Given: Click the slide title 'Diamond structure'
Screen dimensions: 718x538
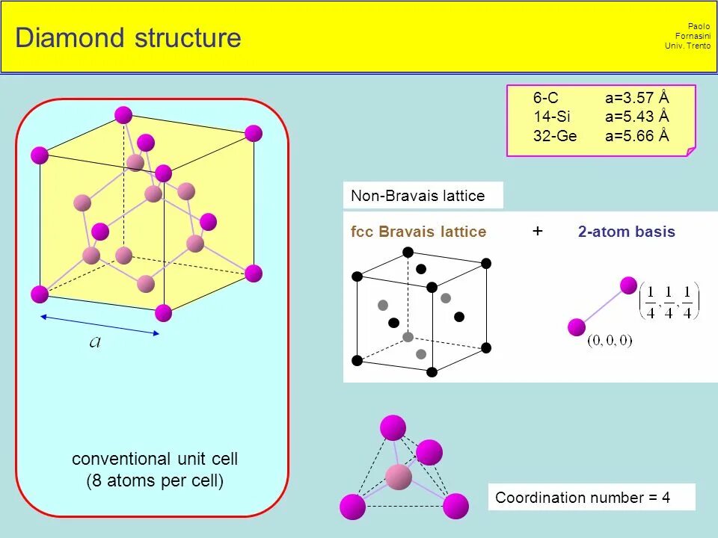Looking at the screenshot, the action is (128, 38).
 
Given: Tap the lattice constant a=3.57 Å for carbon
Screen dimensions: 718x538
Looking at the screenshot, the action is (636, 98).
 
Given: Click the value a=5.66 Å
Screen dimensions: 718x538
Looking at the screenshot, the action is (636, 136).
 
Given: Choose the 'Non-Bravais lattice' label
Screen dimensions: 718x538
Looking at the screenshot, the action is (417, 197).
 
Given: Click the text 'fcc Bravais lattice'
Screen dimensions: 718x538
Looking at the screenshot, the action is (418, 232).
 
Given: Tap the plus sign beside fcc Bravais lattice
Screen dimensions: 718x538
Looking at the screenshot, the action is (538, 231).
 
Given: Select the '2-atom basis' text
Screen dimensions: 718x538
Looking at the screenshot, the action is (626, 232).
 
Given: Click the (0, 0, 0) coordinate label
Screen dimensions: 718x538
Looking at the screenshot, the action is (610, 341).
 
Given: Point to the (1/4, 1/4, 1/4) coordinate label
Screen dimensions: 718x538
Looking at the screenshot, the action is (668, 301).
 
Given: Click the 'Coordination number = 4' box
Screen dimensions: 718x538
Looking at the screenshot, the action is (583, 498).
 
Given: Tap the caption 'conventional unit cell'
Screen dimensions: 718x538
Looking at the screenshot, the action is (155, 458).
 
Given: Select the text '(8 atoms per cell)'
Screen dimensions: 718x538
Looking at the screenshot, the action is (155, 480).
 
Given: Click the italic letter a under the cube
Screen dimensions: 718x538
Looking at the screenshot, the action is (95, 343).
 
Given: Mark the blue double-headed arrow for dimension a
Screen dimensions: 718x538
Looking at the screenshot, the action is (99, 325).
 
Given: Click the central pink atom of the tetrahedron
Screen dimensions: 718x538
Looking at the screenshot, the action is (399, 477).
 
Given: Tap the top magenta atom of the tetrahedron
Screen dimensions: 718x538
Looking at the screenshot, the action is (393, 427).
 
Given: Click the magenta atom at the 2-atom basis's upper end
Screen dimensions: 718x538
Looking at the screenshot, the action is (628, 285).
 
